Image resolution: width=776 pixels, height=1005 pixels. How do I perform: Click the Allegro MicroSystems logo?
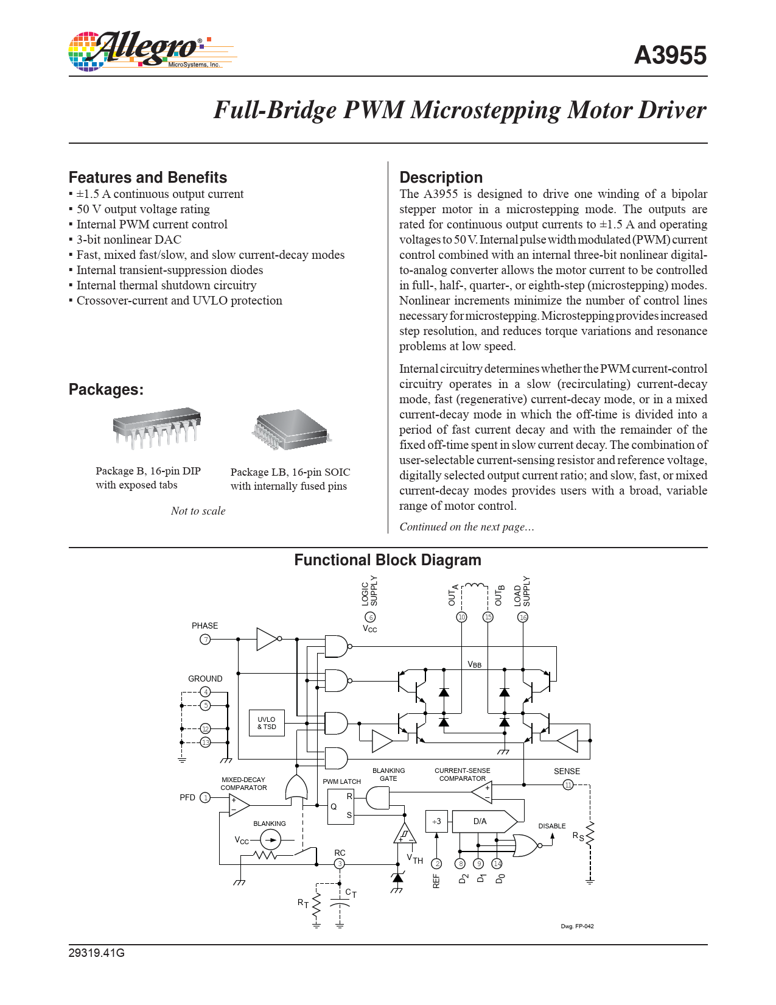(x=149, y=51)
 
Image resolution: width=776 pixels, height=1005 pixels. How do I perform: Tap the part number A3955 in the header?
(x=669, y=55)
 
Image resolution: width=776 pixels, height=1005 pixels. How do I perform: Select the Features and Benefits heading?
(x=148, y=177)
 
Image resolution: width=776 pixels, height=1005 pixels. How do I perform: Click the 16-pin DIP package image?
(x=157, y=429)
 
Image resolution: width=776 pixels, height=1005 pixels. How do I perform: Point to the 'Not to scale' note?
(x=198, y=511)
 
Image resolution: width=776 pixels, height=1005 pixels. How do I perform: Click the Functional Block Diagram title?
(x=388, y=560)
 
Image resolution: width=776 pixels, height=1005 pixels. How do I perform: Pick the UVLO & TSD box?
(x=267, y=723)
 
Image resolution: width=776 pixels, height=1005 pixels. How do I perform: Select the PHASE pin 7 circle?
(x=206, y=639)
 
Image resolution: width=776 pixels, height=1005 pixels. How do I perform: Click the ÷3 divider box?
(x=436, y=821)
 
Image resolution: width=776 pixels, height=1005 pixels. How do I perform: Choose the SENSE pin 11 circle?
(x=568, y=785)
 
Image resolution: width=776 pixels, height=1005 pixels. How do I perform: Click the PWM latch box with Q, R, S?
(x=340, y=806)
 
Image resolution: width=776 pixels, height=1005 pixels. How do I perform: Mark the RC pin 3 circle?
(x=340, y=864)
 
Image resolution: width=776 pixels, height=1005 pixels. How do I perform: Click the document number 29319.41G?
(x=96, y=953)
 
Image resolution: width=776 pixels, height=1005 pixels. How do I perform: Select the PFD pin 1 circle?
(x=206, y=797)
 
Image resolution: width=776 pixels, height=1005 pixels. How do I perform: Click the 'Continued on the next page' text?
(x=467, y=527)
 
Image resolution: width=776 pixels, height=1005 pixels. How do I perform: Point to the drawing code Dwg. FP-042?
(x=577, y=926)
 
